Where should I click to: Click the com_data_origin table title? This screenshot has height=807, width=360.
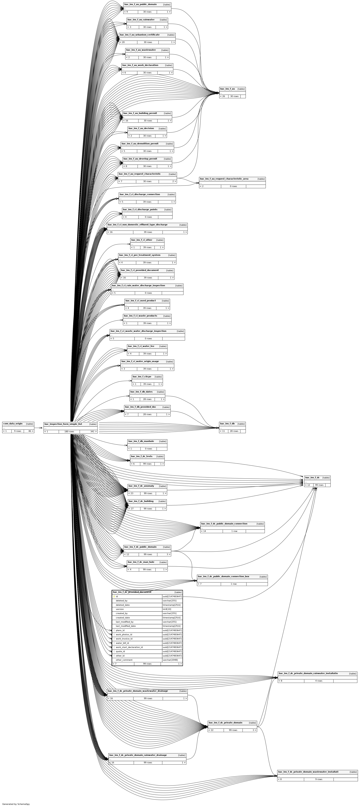13,424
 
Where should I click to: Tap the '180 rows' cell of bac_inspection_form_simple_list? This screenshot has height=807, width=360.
69,431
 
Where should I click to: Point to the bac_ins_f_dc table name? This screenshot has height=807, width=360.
312,477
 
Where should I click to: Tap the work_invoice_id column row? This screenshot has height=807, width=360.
124,638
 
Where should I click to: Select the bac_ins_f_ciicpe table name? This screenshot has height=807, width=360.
142,377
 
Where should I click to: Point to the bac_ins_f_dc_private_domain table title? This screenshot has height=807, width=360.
225,722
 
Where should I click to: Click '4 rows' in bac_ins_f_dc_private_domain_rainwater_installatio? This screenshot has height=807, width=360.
319,681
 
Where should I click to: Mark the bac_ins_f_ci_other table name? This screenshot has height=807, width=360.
142,240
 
